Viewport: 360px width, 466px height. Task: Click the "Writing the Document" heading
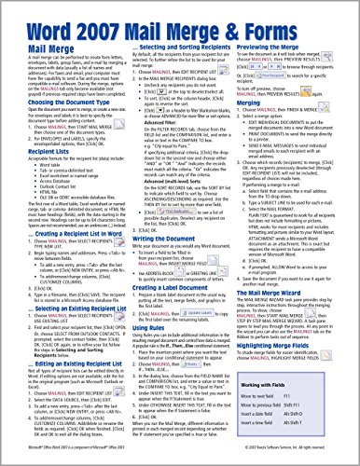(164, 240)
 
